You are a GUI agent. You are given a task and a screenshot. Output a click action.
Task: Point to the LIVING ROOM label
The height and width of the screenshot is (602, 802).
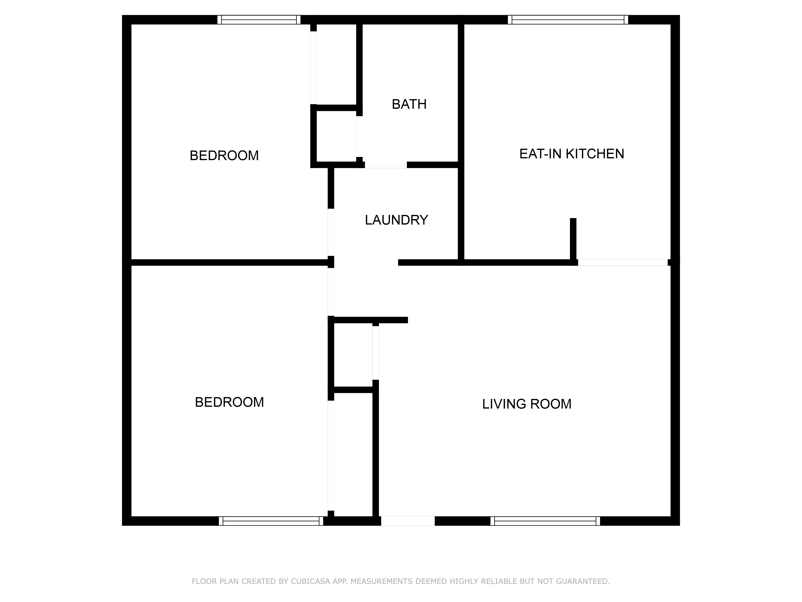coord(527,404)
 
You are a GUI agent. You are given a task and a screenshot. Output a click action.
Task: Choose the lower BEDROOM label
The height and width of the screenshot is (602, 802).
coord(229,402)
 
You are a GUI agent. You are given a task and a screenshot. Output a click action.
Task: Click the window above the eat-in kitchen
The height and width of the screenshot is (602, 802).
coord(568,20)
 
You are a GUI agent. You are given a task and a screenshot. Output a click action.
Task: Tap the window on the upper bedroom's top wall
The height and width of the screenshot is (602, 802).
coord(259,20)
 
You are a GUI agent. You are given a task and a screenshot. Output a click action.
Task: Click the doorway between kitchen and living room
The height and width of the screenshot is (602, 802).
coord(622,262)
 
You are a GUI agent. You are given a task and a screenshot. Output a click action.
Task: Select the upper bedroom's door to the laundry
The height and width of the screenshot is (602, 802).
coord(331,232)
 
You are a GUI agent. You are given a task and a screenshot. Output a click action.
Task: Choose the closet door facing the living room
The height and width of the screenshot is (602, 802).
coord(376,353)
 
